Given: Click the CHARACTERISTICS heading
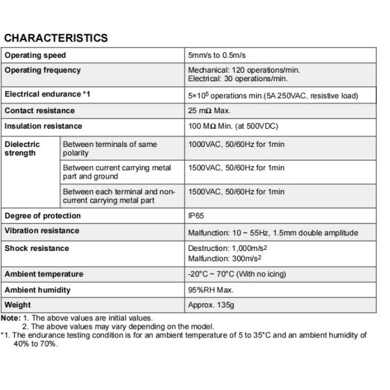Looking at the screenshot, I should point(56,38).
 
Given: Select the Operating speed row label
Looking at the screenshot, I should point(35,55).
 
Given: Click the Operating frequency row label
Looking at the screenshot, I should point(42,70).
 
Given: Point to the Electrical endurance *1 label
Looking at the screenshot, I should point(47,94).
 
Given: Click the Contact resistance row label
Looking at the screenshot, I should point(40,111).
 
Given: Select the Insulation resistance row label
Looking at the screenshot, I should point(44,126).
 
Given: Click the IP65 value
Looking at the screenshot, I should point(196,216).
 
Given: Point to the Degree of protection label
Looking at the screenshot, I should point(43,216).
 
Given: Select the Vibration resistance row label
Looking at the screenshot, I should point(42,231).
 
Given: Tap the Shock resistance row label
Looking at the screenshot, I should point(36,248).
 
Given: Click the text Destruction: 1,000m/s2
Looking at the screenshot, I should point(226,248).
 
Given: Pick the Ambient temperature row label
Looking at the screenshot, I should point(44,274).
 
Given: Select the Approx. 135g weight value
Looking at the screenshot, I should point(212,305).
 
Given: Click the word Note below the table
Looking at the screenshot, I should point(11,318).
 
